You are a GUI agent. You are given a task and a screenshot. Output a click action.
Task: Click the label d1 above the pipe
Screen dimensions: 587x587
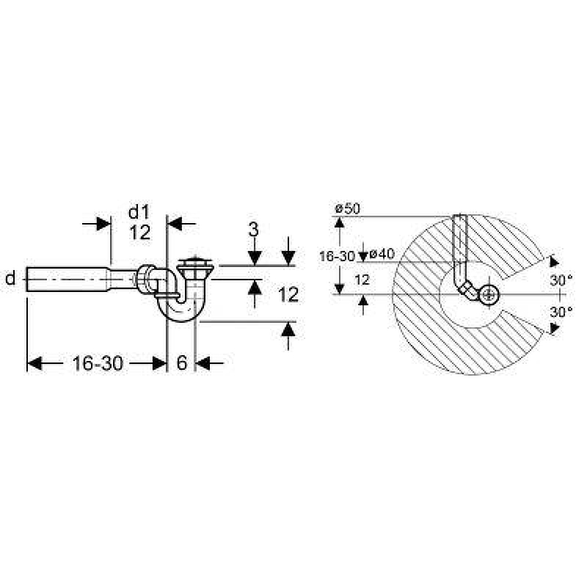139,212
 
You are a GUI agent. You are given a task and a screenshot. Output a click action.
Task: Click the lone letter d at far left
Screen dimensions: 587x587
10,279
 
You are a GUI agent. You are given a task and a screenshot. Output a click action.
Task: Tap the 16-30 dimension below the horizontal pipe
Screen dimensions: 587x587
98,363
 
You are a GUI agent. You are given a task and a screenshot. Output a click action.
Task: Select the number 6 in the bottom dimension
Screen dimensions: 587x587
181,362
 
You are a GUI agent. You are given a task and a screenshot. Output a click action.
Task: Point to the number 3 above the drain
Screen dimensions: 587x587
254,229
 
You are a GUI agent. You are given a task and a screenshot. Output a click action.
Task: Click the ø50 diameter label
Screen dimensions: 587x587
348,208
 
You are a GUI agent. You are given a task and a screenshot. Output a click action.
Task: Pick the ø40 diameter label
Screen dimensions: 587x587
382,254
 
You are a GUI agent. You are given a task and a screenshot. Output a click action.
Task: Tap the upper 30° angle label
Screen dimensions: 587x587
561,280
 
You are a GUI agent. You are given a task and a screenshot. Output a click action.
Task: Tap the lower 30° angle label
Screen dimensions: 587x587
561,311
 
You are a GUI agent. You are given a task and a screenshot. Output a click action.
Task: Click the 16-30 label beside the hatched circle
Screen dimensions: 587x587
337,256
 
